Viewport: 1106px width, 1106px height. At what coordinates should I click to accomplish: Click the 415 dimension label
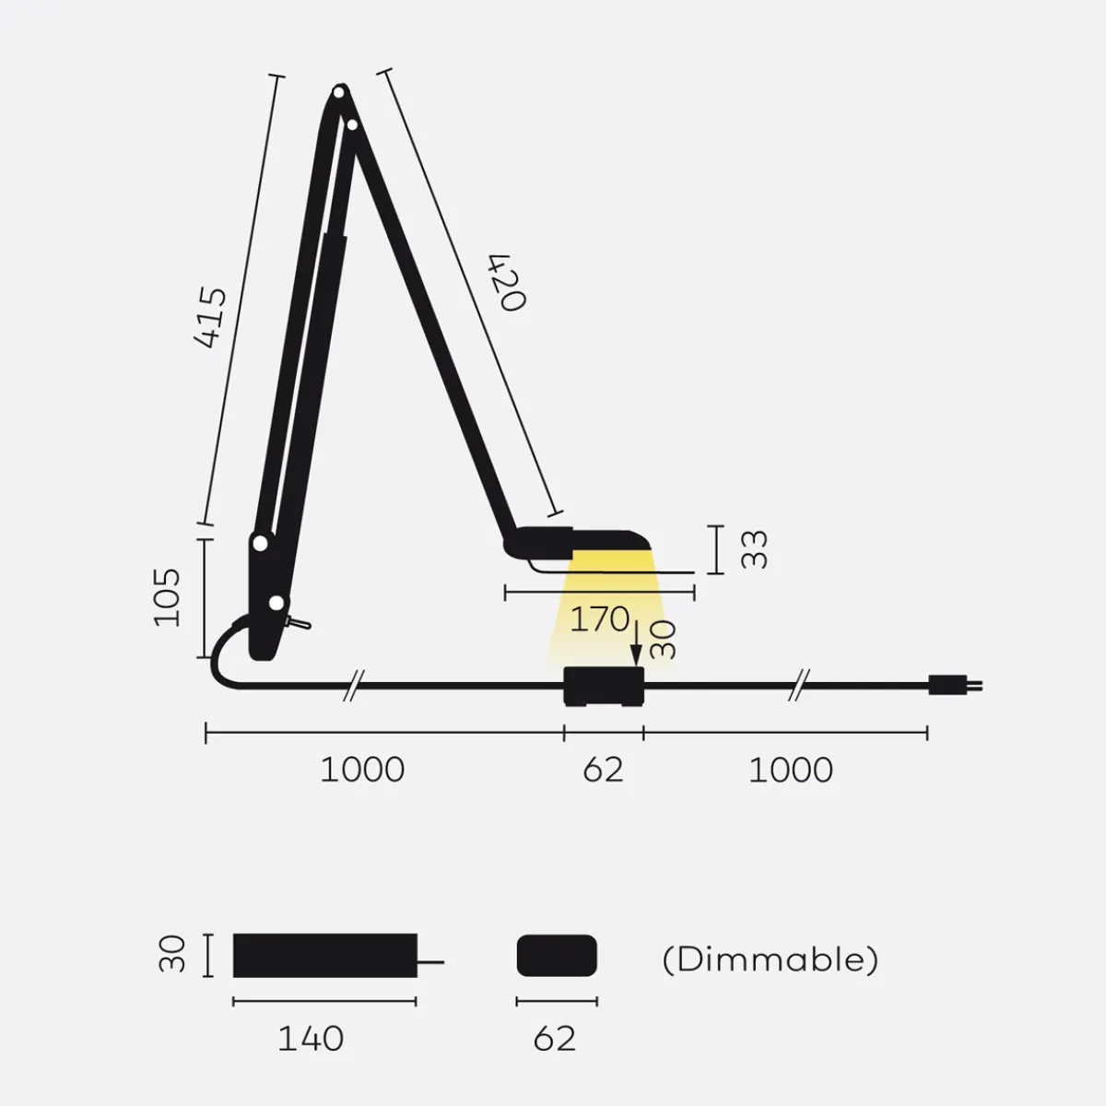pos(210,317)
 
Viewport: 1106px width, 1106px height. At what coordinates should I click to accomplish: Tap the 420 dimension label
pos(506,282)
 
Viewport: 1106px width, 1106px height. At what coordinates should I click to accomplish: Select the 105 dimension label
pos(167,597)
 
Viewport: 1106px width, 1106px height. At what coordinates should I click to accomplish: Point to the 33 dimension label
pos(754,550)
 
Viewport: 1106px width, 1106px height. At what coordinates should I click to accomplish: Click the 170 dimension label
pos(600,619)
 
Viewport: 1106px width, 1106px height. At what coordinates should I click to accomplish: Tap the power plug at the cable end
pos(956,686)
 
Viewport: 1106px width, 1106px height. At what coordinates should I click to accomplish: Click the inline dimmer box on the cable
pos(604,687)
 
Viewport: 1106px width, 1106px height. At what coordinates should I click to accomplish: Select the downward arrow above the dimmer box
pos(636,643)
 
